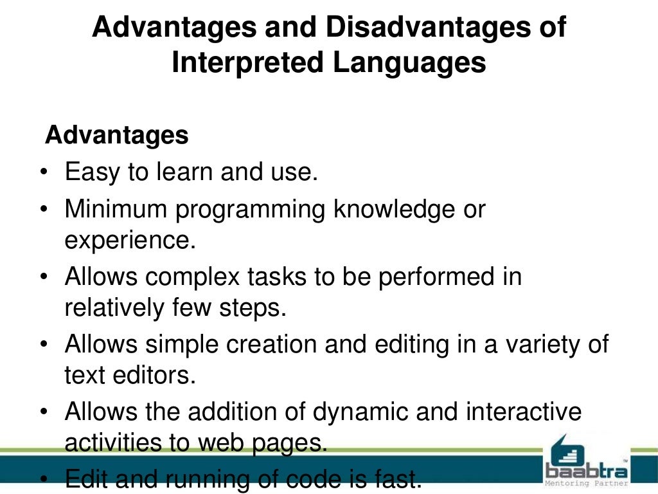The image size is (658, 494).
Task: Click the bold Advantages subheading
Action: (117, 135)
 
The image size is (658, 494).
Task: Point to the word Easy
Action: (89, 172)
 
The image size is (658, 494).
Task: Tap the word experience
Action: (129, 241)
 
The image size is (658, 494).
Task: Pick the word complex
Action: (193, 278)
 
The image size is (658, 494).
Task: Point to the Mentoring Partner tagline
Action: (585, 482)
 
